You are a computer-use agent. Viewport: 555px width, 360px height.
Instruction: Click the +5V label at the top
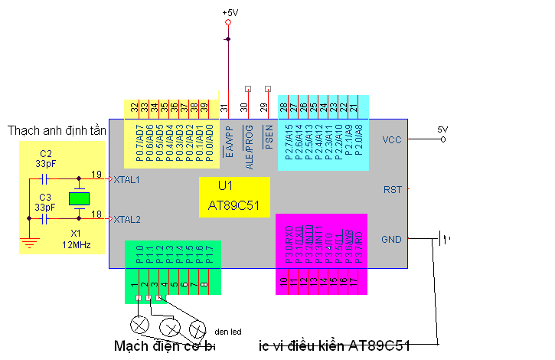[230, 13]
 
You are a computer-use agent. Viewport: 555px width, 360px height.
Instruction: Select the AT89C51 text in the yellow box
[233, 206]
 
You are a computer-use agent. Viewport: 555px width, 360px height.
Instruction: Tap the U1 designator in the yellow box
[225, 186]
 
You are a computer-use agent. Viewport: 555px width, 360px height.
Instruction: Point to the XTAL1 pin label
[126, 180]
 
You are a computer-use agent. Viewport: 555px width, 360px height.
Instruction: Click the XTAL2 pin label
[126, 219]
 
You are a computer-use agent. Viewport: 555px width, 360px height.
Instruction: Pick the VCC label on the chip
[391, 139]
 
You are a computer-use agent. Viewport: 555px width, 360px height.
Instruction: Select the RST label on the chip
[392, 189]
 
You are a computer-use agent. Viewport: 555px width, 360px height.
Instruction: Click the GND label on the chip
[391, 239]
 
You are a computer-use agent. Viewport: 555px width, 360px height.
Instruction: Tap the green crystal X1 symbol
[79, 199]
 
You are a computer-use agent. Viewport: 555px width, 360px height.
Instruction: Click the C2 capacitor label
[46, 154]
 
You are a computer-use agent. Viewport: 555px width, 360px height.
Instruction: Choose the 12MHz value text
[77, 244]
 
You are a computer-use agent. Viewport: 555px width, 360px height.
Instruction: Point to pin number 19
[96, 175]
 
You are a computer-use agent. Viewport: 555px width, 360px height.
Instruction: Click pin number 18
[96, 214]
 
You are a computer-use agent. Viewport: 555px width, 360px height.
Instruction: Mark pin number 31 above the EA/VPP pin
[225, 110]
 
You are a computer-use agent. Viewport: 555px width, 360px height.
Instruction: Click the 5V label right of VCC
[442, 129]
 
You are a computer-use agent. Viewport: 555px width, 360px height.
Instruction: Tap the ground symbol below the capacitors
[29, 243]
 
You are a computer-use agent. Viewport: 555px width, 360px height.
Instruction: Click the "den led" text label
[228, 332]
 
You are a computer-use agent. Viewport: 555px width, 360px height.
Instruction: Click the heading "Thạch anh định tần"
[56, 131]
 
